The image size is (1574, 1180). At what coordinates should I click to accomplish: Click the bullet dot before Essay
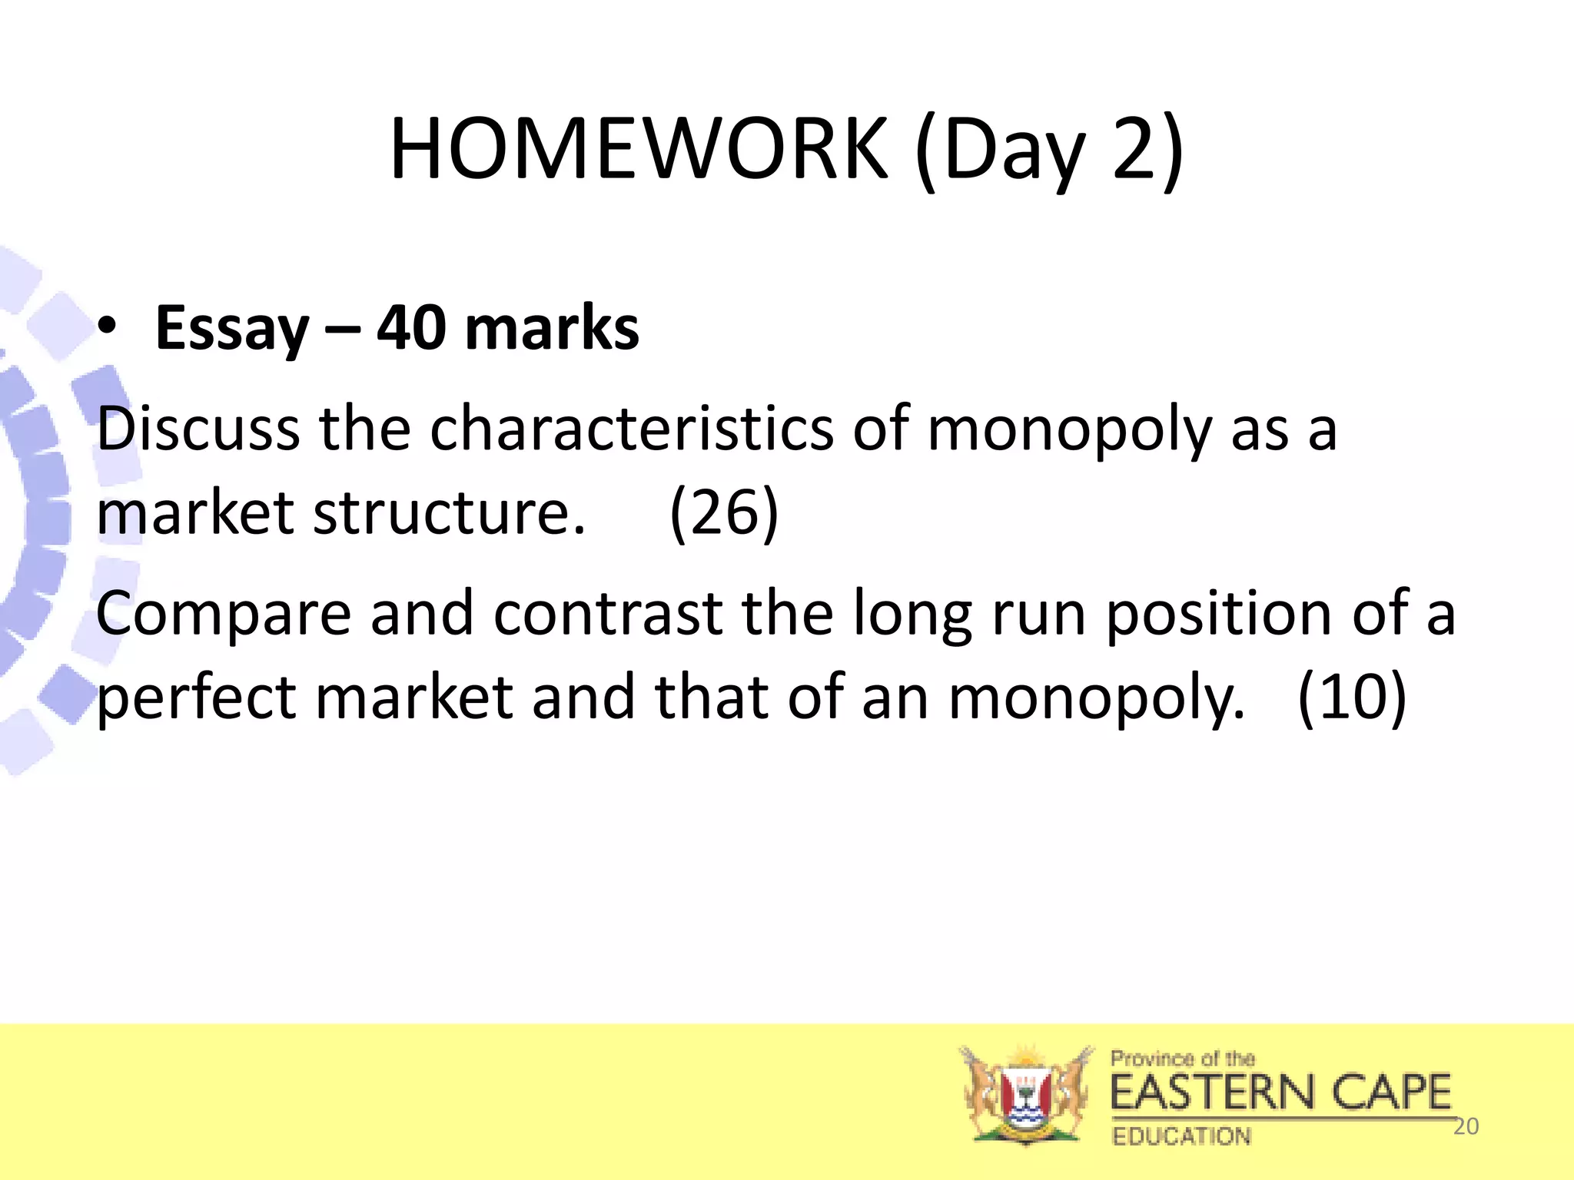(x=108, y=326)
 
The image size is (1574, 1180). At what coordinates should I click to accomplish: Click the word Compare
(x=224, y=615)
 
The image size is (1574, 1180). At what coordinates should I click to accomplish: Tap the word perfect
(x=197, y=698)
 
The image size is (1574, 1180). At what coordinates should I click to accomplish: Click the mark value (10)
(x=1351, y=698)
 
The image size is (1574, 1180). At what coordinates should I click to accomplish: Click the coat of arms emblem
(x=1025, y=1095)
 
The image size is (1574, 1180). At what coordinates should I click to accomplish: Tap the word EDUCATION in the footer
(x=1181, y=1136)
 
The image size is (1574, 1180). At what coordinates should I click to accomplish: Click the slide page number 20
(x=1466, y=1126)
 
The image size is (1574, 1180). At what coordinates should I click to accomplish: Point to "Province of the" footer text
(x=1182, y=1059)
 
